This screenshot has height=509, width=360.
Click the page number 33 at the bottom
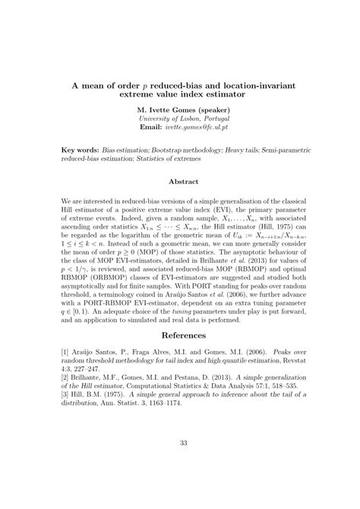point(179,464)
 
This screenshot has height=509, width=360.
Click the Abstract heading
point(179,182)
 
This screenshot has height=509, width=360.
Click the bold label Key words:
point(81,152)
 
